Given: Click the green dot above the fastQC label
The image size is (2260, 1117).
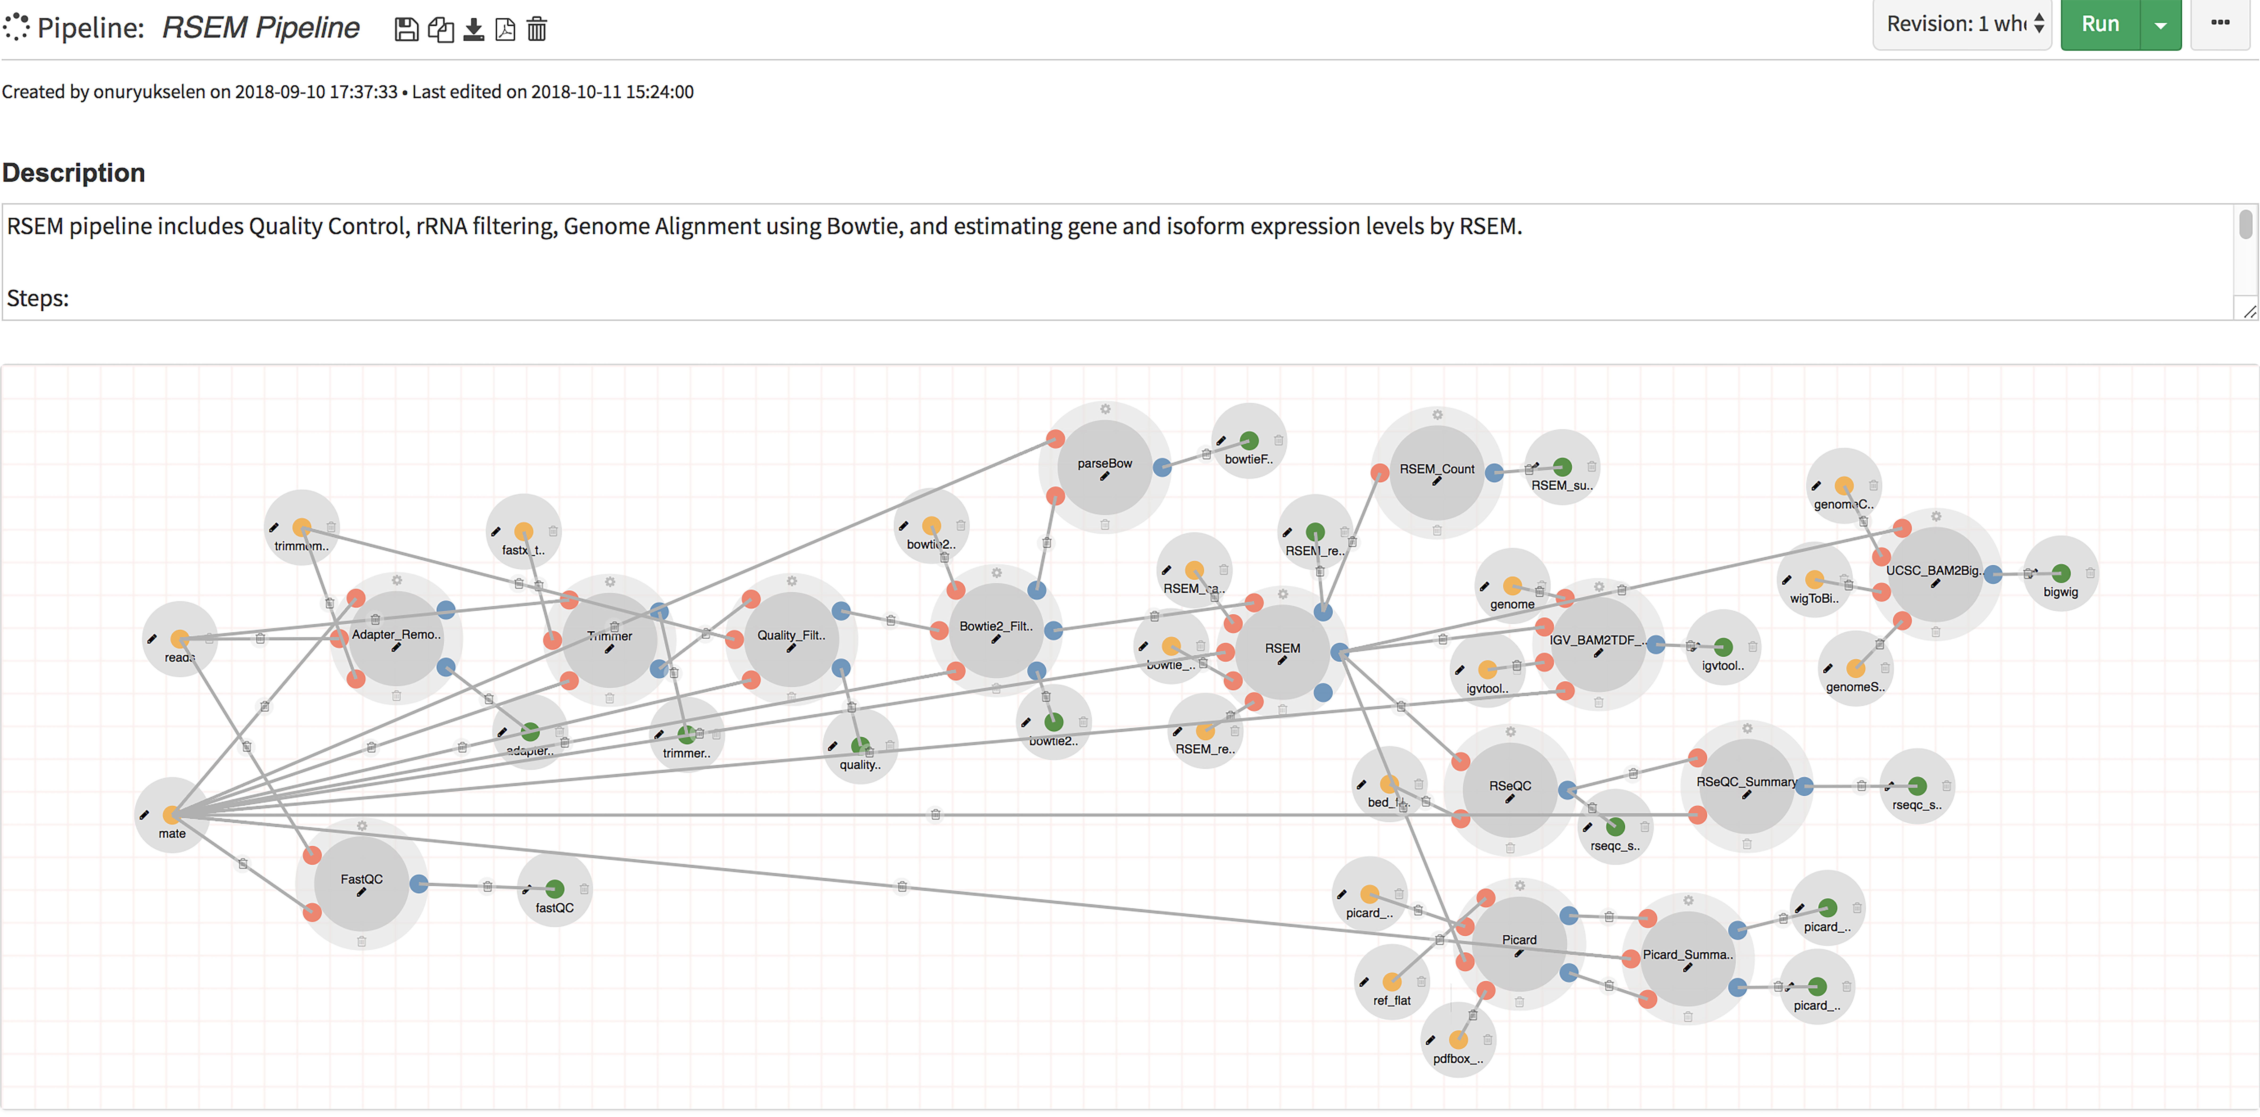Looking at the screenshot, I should [554, 889].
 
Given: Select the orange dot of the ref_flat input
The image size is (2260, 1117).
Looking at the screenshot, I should [1391, 982].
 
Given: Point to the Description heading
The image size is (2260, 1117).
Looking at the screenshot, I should [74, 173].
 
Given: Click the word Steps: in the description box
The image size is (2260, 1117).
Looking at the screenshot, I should [38, 298].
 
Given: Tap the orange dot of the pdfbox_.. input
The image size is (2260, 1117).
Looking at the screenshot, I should [1458, 1040].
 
